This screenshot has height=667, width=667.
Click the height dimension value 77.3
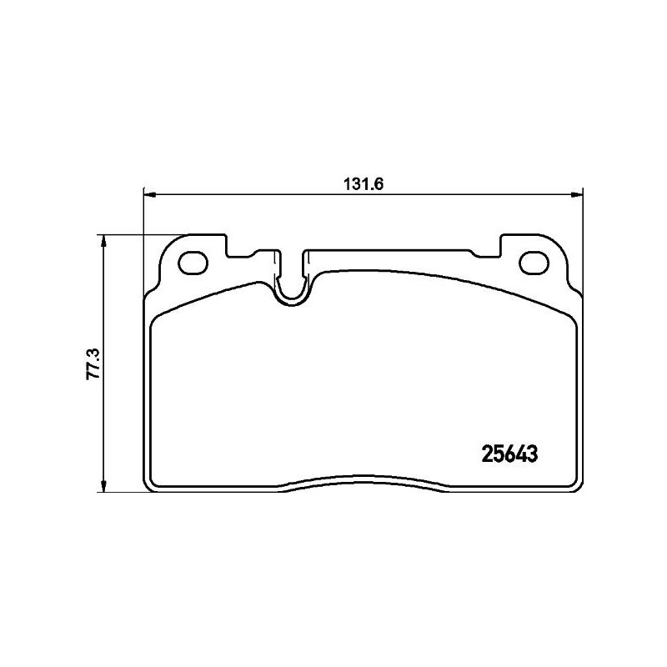(93, 364)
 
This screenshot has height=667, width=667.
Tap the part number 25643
(509, 454)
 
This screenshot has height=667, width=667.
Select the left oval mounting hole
(195, 262)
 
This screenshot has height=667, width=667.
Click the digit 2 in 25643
(488, 454)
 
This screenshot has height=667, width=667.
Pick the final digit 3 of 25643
(529, 454)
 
